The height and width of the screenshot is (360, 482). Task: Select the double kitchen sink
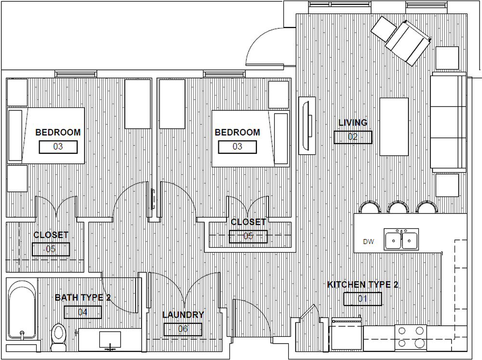[401, 239]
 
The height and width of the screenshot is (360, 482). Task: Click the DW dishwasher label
[368, 241]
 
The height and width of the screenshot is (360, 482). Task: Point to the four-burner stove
[411, 337]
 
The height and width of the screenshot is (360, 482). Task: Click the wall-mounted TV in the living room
[307, 125]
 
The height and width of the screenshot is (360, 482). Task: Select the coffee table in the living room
[394, 127]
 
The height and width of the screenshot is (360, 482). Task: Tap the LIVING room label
[353, 123]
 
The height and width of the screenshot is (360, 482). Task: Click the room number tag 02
[353, 137]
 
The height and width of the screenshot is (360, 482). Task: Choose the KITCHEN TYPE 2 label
[362, 285]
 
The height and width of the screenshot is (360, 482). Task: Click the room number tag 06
[183, 329]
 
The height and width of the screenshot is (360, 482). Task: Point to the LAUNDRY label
[183, 315]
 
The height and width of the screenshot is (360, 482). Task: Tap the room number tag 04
[83, 312]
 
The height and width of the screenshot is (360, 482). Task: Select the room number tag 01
[362, 299]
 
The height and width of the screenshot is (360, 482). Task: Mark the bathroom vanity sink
[110, 339]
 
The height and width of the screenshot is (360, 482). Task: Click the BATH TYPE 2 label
[83, 298]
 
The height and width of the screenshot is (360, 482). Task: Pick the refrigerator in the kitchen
[346, 333]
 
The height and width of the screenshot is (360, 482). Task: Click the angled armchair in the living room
[408, 43]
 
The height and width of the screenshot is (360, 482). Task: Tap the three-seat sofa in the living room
[448, 122]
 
